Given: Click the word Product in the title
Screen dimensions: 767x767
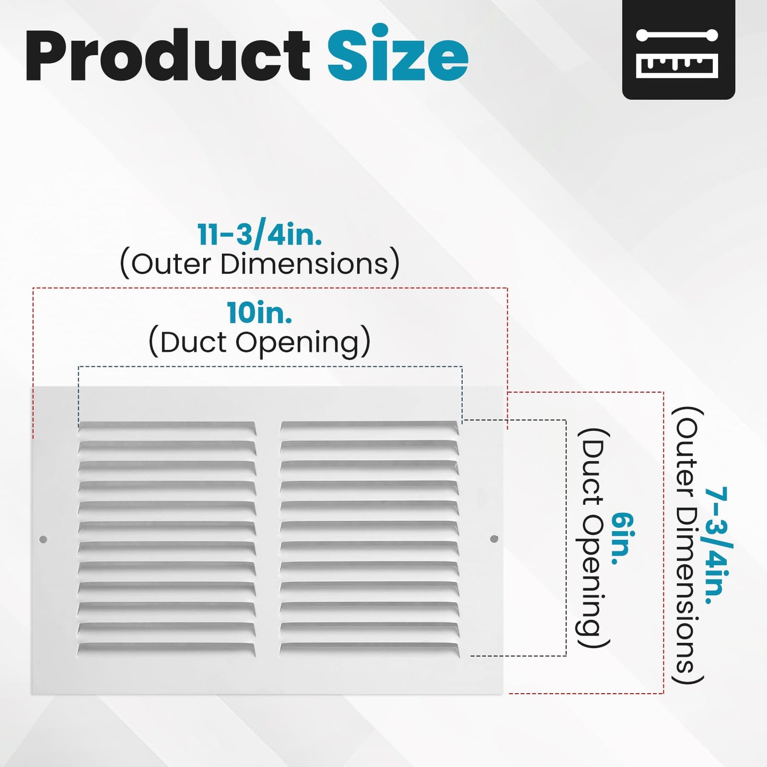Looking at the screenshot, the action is (168, 55).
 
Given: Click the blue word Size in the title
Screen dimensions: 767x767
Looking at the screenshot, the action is (398, 52).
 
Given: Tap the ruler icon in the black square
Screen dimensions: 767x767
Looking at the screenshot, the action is (677, 53).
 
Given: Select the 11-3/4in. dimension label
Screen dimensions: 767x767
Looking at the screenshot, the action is (260, 235).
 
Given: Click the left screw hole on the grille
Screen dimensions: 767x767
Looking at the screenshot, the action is (43, 539).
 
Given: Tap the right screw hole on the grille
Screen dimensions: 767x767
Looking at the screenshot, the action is (494, 539).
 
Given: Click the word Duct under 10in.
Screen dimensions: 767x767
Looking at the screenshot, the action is (193, 342).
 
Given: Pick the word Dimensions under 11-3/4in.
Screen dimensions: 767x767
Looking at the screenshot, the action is (304, 263).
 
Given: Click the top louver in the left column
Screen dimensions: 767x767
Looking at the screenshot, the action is (167, 427).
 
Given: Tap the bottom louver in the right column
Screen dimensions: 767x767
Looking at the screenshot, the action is (370, 649).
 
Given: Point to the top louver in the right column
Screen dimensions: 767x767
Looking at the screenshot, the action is (370, 427).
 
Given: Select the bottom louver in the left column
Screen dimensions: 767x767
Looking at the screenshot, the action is (166, 649).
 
